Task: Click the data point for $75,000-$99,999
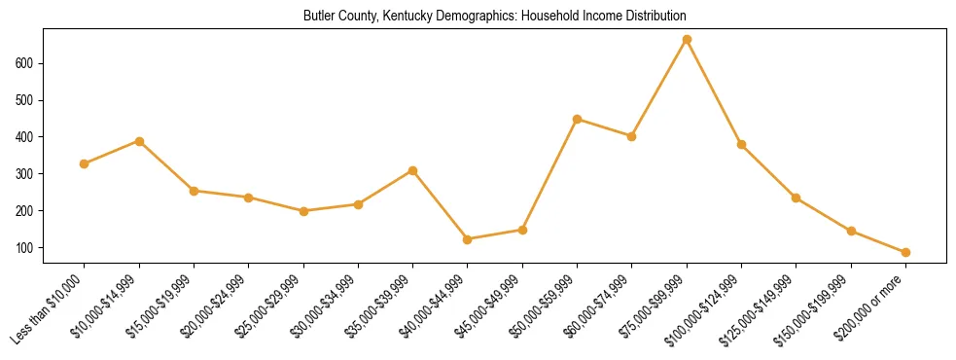point(687,40)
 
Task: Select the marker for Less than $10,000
point(85,163)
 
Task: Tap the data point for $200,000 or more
point(905,252)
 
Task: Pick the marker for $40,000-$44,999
point(468,239)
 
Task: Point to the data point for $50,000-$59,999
point(578,120)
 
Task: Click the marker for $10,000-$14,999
point(139,141)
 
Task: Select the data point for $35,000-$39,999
point(413,170)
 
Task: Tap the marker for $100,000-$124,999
point(741,145)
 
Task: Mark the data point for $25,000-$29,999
point(303,211)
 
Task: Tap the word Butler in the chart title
point(319,17)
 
